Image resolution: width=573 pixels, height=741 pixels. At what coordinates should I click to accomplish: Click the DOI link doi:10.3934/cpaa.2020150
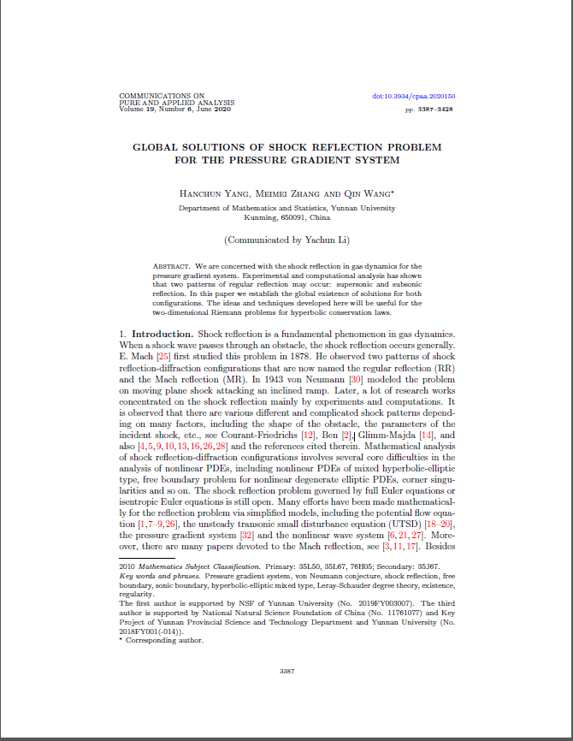click(x=414, y=97)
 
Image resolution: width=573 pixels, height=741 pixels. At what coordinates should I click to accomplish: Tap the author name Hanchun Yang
click(x=208, y=194)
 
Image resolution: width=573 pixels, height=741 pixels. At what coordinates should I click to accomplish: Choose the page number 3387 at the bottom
click(x=286, y=671)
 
